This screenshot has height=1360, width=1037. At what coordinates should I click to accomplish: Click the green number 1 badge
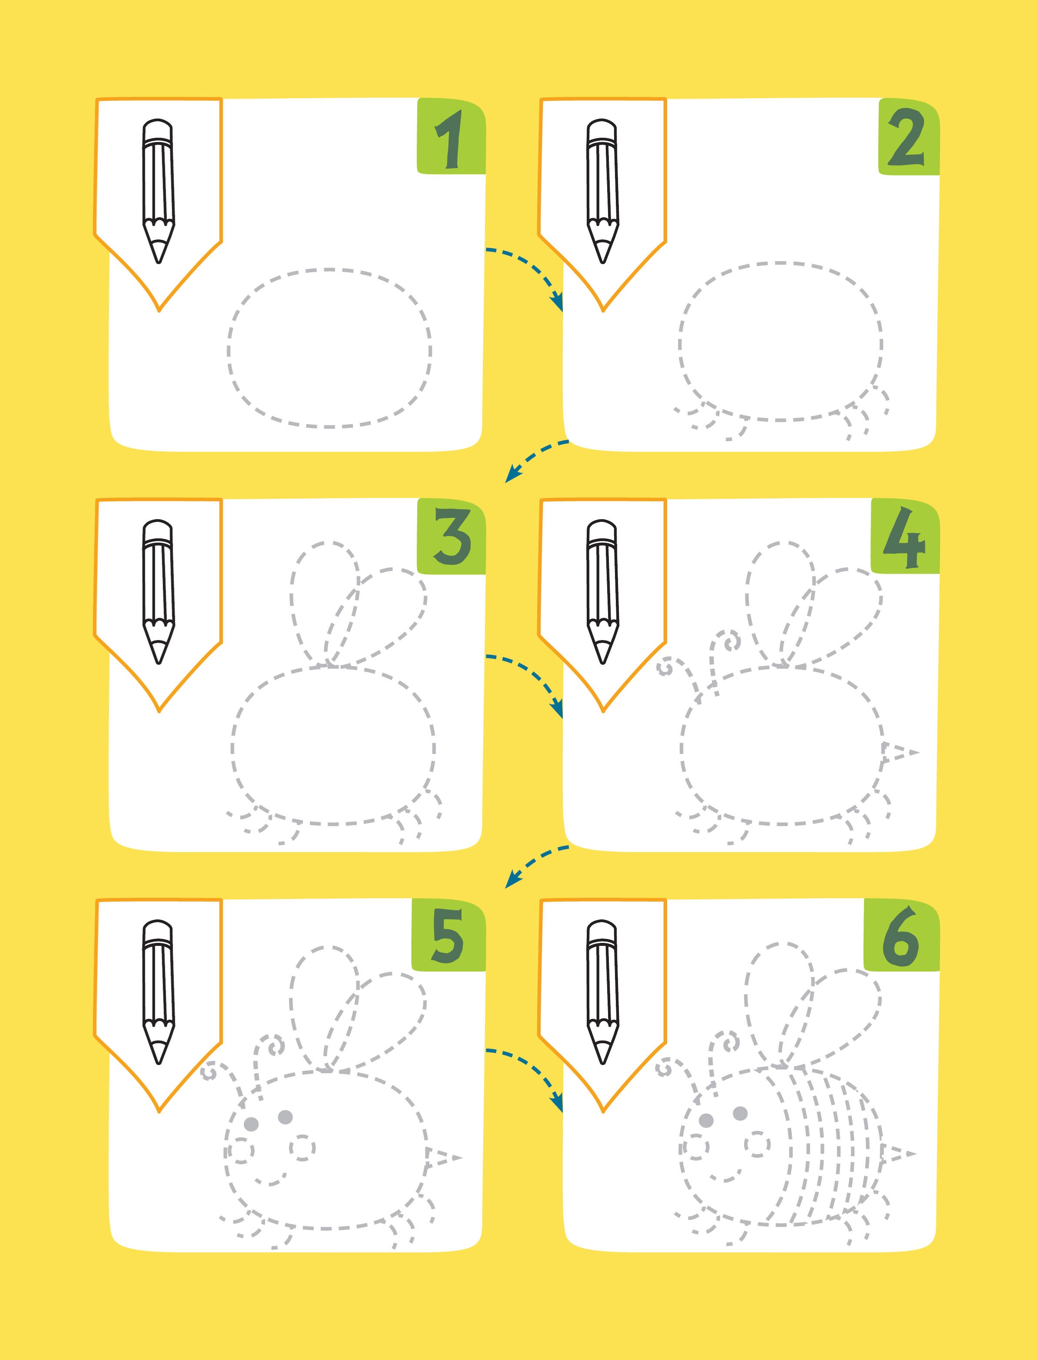pyautogui.click(x=451, y=136)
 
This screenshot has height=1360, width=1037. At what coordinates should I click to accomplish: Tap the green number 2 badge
pyautogui.click(x=909, y=136)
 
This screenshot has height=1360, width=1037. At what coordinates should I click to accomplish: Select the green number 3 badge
pyautogui.click(x=451, y=536)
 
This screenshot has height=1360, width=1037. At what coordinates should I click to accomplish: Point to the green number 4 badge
pyautogui.click(x=905, y=536)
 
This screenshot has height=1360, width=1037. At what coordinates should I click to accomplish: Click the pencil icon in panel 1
pyautogui.click(x=159, y=191)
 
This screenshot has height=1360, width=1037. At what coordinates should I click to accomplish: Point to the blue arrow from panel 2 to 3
pyautogui.click(x=535, y=458)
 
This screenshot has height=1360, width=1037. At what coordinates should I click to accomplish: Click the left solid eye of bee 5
pyautogui.click(x=251, y=1124)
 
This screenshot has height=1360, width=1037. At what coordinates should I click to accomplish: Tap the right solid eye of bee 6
pyautogui.click(x=740, y=1113)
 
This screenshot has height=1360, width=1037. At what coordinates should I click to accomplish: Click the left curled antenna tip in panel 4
pyautogui.click(x=665, y=668)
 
